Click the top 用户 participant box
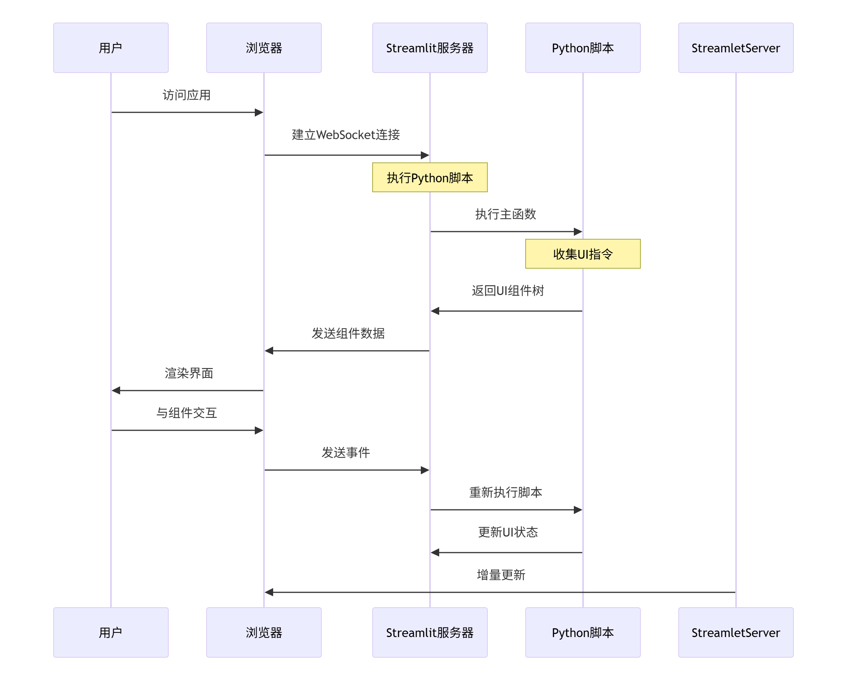[x=111, y=47]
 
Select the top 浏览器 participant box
[x=264, y=47]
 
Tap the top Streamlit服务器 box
[x=430, y=47]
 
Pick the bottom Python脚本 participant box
[x=583, y=632]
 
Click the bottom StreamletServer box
[x=736, y=632]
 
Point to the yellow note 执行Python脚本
[x=430, y=177]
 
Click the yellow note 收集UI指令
[x=583, y=254]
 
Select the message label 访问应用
[x=187, y=95]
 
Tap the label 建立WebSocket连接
[x=346, y=135]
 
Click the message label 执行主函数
[x=506, y=214]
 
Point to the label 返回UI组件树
[x=508, y=290]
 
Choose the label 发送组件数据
[x=348, y=333]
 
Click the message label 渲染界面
[x=189, y=373]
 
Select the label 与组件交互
[x=187, y=412]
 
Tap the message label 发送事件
[x=346, y=452]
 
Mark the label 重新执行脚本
[x=506, y=492]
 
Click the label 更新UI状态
[x=508, y=532]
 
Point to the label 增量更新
[x=501, y=575]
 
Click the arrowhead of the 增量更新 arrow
[x=269, y=592]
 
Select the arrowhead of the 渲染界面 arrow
[x=116, y=391]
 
